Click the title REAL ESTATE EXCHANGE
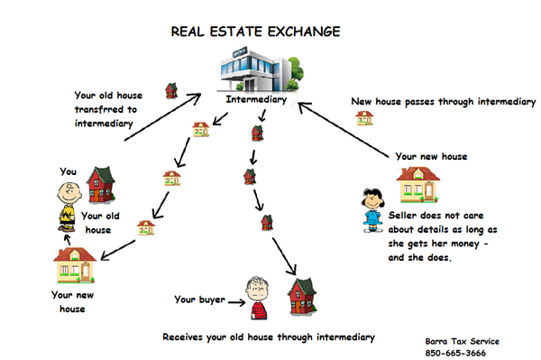point(256,32)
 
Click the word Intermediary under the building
point(257,100)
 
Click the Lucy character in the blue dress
point(371,210)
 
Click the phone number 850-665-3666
point(461,353)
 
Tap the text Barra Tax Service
point(461,341)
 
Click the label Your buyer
point(197,299)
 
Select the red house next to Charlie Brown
point(103,186)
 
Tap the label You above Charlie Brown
point(69,171)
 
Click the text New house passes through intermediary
point(443,102)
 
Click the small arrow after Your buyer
point(231,300)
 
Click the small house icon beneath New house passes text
point(364,118)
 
